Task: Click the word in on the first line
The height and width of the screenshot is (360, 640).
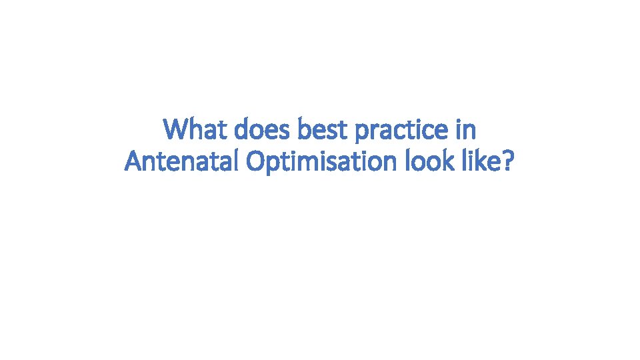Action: (465, 129)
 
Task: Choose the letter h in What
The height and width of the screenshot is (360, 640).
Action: (197, 129)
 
